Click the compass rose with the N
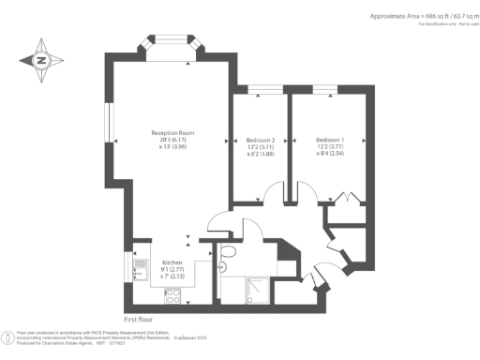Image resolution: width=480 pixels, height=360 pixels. [39, 60]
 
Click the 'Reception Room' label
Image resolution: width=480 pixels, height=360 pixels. [172, 133]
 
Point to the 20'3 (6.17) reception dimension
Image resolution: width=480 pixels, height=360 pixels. [172, 140]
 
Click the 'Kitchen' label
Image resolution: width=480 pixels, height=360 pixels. [172, 262]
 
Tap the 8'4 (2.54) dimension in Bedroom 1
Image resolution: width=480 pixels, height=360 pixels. [330, 154]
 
